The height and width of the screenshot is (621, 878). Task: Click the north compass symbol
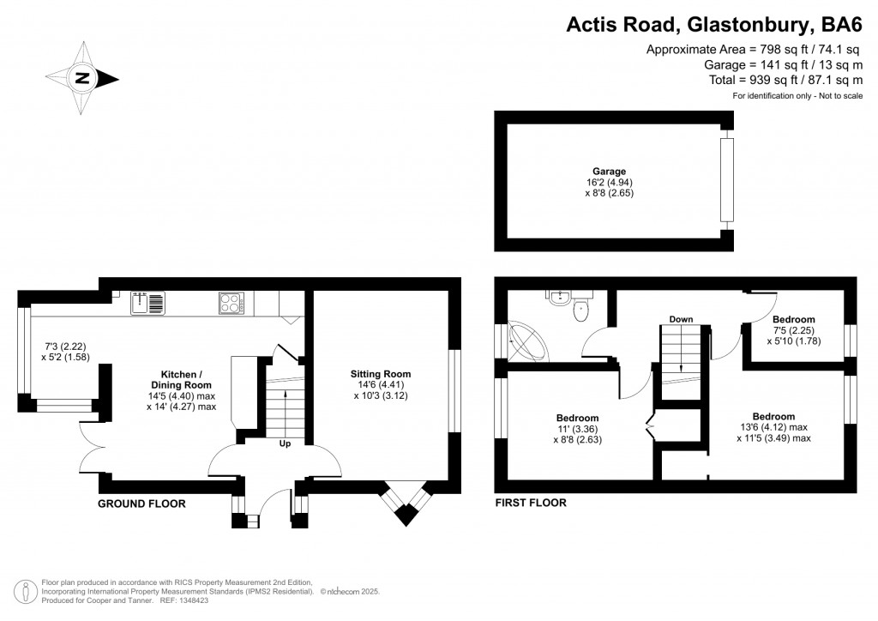(82, 78)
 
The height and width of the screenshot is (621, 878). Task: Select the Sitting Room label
(380, 374)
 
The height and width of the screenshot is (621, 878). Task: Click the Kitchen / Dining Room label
(182, 380)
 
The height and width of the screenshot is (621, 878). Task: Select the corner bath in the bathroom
(526, 344)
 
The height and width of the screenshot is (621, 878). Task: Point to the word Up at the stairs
(285, 444)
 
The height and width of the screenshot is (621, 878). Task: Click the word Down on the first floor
(681, 320)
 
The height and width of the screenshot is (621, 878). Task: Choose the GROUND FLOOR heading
(141, 504)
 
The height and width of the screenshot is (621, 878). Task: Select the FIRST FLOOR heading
(531, 503)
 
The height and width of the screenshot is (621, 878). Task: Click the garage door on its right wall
(728, 180)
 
